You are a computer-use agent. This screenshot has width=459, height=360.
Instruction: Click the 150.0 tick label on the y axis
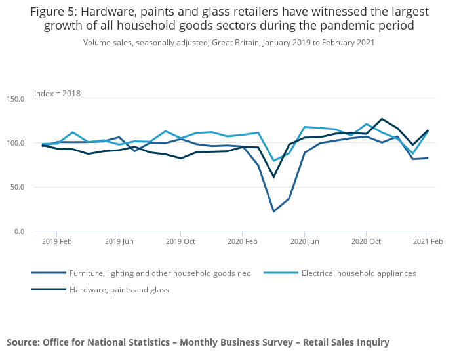tap(15, 99)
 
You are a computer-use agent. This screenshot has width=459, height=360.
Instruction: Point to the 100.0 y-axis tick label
tap(15, 143)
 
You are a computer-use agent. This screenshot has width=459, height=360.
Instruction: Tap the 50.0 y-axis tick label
tap(16, 188)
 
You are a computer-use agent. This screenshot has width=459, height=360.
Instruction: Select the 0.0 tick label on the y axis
tap(18, 231)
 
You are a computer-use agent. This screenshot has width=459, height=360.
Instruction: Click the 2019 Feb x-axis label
tap(56, 241)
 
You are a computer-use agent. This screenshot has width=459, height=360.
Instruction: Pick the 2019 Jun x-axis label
tap(119, 241)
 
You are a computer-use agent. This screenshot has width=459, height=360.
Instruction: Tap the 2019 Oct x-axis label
tap(180, 241)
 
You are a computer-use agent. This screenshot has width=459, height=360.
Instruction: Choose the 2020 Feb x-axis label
tap(242, 241)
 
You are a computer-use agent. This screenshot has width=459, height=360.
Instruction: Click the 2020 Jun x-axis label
tap(304, 241)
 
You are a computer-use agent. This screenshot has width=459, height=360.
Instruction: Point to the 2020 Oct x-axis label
tap(366, 241)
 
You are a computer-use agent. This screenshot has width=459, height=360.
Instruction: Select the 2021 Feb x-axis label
tap(428, 241)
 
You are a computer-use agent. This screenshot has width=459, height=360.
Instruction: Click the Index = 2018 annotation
tap(57, 94)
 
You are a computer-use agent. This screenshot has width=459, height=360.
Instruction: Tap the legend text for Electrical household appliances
tap(359, 273)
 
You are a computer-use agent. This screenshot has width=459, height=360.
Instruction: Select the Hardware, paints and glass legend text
tap(119, 290)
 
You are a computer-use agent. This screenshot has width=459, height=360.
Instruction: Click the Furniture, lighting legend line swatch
tap(49, 273)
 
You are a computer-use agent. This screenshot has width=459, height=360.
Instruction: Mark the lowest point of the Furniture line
tap(273, 212)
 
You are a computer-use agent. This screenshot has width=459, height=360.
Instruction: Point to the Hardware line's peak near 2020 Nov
tap(382, 119)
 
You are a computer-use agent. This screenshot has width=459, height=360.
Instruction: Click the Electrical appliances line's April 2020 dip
tap(273, 161)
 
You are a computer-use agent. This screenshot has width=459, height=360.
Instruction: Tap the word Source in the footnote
tap(22, 342)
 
